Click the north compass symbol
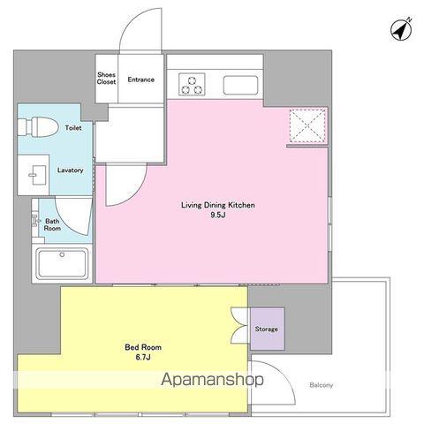click(x=401, y=29)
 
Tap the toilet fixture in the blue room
click(x=37, y=127)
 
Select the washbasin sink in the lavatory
click(x=38, y=175)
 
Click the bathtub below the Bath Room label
click(x=62, y=263)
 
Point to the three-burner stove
click(x=192, y=84)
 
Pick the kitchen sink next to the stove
click(x=240, y=86)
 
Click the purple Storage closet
click(x=268, y=329)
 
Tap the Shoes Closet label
click(x=106, y=79)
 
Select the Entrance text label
click(x=140, y=79)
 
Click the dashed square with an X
click(x=307, y=125)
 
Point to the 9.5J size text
click(x=218, y=215)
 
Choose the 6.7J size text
click(x=143, y=357)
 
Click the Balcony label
click(x=322, y=385)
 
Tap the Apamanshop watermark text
click(x=212, y=379)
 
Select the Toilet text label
click(x=73, y=128)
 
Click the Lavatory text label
click(x=70, y=170)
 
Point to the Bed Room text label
click(x=143, y=347)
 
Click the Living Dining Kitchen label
click(x=218, y=205)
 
